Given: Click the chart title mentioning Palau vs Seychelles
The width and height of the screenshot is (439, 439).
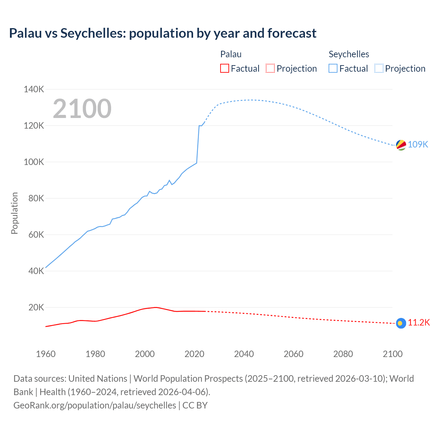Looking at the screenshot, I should coord(163,33).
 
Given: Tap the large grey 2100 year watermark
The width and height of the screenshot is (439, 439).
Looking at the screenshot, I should coord(82,109).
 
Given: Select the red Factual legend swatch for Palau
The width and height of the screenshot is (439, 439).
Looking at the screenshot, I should coord(224,69).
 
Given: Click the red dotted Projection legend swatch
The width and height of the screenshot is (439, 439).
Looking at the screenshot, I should coord(270,69).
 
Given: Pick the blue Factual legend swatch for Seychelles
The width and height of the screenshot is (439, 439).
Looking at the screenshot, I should coord(333,69).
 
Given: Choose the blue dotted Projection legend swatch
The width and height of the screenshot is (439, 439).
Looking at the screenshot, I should coord(379,69).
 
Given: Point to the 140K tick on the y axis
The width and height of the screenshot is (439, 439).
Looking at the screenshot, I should coord(34,90).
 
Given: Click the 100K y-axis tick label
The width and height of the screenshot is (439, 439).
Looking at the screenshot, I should coord(34,162).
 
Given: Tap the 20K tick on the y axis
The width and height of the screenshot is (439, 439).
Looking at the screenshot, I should coord(36,307).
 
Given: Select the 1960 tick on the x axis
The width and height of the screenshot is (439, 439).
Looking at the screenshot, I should coord(46,354).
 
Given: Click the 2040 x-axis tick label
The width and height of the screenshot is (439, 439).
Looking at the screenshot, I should coord(244,354).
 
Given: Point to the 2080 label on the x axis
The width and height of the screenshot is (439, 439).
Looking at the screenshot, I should coord(343,354).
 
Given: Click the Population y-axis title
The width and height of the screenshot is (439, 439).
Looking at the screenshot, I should coord(14,213).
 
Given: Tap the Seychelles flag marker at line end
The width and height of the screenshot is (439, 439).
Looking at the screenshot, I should coord(401,145).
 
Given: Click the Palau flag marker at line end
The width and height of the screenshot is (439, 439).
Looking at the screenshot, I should coord(401,323).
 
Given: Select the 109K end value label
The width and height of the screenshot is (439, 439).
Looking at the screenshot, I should coord(418,144).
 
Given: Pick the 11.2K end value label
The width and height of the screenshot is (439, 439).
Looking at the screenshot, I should coord(419,323).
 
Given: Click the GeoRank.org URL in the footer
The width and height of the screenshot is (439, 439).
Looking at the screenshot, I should coord(95,405).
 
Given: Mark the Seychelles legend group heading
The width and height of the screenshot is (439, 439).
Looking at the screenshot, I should coord(349,54).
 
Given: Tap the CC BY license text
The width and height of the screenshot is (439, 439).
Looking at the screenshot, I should coord(195,405).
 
